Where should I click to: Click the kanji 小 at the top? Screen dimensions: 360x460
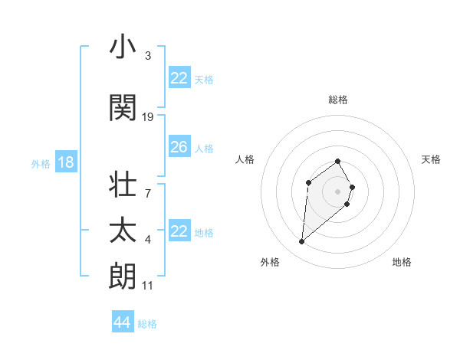coord(123,47)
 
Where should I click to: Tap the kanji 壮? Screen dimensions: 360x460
coord(123,186)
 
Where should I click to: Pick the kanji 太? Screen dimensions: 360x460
coord(123,231)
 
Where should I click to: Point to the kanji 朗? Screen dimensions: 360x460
coord(123,275)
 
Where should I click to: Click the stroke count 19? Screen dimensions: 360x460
coord(148,117)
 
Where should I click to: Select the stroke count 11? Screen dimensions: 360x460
coord(148,286)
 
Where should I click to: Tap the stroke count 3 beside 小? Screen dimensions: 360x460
coord(148,56)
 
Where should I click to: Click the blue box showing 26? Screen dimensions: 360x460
coord(179,147)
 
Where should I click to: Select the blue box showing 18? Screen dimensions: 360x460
coord(65,162)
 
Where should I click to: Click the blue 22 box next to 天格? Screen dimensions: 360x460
coord(179,78)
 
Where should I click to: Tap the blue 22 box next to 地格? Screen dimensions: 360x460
coord(179,231)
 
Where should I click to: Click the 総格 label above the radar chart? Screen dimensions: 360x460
coord(338,100)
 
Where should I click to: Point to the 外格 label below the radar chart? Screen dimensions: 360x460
coord(270,262)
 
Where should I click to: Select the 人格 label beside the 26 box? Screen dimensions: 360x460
coord(204,148)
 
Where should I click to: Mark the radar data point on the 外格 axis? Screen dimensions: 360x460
coord(301,242)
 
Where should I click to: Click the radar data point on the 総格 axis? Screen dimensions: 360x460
coord(338,161)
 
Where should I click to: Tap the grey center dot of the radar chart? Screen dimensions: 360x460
coord(338,191)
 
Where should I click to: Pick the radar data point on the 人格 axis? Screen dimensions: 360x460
coord(308,182)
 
